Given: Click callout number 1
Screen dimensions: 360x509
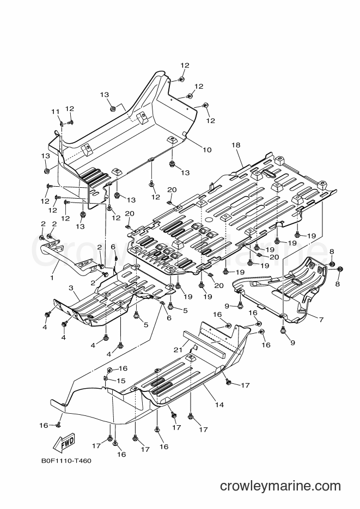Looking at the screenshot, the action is point(52,278).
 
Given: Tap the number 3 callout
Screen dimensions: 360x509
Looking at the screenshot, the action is point(71,287).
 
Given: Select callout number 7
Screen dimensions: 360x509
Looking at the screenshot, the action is point(321,320).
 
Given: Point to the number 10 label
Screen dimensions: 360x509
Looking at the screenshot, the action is point(207,150).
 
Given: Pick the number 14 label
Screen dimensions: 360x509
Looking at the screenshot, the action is point(219,404).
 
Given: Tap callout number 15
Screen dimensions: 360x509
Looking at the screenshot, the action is point(121,381).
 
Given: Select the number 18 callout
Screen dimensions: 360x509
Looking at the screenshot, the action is point(236,145).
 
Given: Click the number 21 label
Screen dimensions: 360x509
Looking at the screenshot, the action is point(178,349).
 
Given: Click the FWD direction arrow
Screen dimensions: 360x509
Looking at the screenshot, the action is point(64,444).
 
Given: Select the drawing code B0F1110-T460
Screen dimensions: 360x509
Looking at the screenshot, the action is point(66,461).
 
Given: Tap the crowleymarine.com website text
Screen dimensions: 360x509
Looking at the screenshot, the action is point(280,486).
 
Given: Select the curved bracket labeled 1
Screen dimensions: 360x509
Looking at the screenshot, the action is point(66,257).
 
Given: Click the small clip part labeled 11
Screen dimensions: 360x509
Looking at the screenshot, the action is point(62,124).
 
